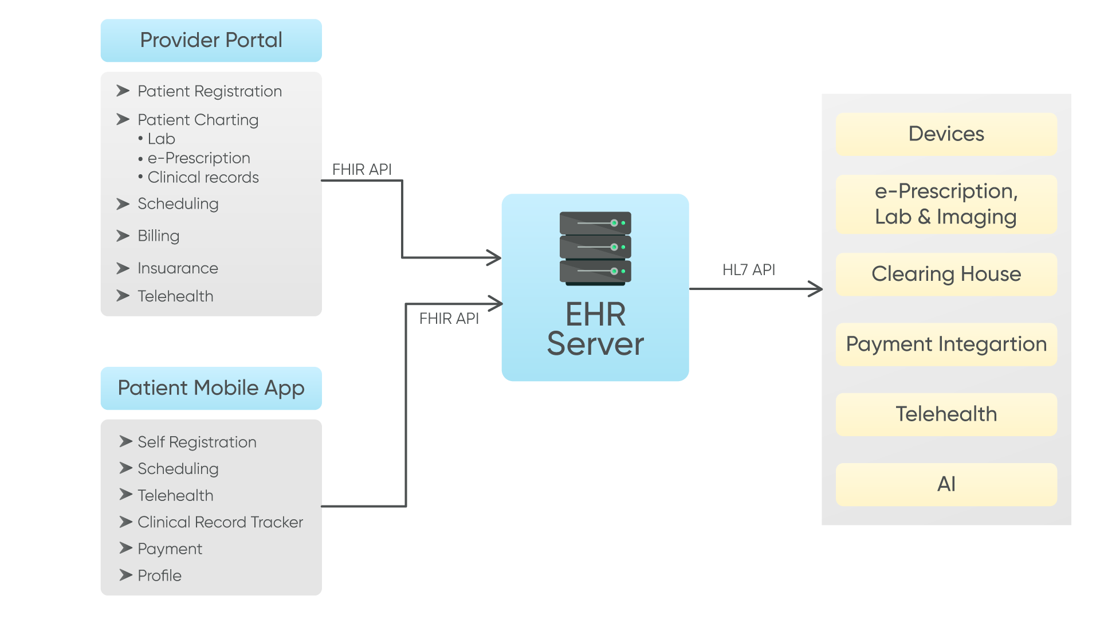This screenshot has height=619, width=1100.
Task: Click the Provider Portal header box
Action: coord(211,41)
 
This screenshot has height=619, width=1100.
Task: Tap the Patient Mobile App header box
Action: coord(211,388)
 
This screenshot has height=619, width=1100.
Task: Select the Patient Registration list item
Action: coord(209,91)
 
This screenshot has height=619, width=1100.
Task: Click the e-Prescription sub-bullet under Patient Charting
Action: coord(198,158)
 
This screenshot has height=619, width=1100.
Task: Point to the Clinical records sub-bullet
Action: coord(203,177)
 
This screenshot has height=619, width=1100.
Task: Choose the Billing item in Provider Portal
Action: coord(158,236)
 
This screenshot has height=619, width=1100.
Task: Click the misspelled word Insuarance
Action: coord(178,268)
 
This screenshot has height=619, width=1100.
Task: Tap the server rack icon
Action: coord(595,248)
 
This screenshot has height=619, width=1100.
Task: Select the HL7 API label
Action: coord(748,269)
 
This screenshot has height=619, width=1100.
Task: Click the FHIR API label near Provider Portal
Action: coord(362,169)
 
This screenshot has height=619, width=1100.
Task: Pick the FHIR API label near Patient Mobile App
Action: coord(449,318)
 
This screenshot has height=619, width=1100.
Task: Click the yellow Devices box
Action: coord(946,134)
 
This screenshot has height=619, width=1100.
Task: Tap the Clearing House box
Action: coord(946,274)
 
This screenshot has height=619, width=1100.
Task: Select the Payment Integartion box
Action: coord(946,344)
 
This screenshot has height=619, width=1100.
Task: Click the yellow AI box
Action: coord(946,484)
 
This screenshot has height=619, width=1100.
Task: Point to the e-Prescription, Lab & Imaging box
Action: coord(946,204)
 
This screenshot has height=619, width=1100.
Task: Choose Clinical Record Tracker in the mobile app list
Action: coord(220,522)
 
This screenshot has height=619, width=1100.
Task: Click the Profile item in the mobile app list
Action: coord(159,575)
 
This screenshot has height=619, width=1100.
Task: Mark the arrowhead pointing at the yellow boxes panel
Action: coord(816,289)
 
